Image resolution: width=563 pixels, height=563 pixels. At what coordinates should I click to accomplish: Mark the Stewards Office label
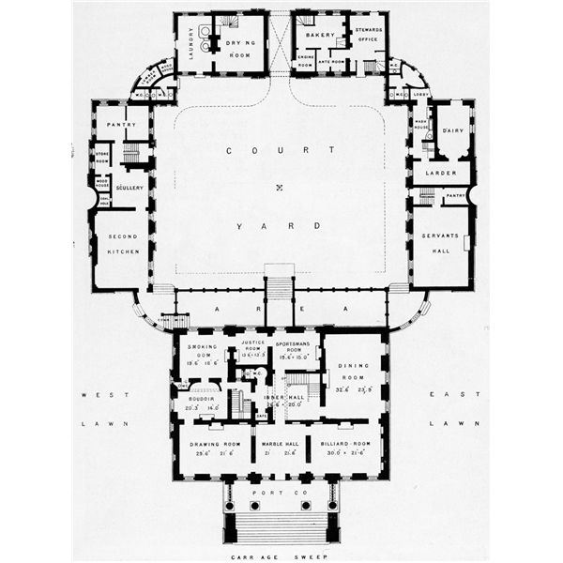(x=367, y=35)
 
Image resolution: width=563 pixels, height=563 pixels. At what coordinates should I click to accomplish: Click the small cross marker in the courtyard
(x=279, y=189)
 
